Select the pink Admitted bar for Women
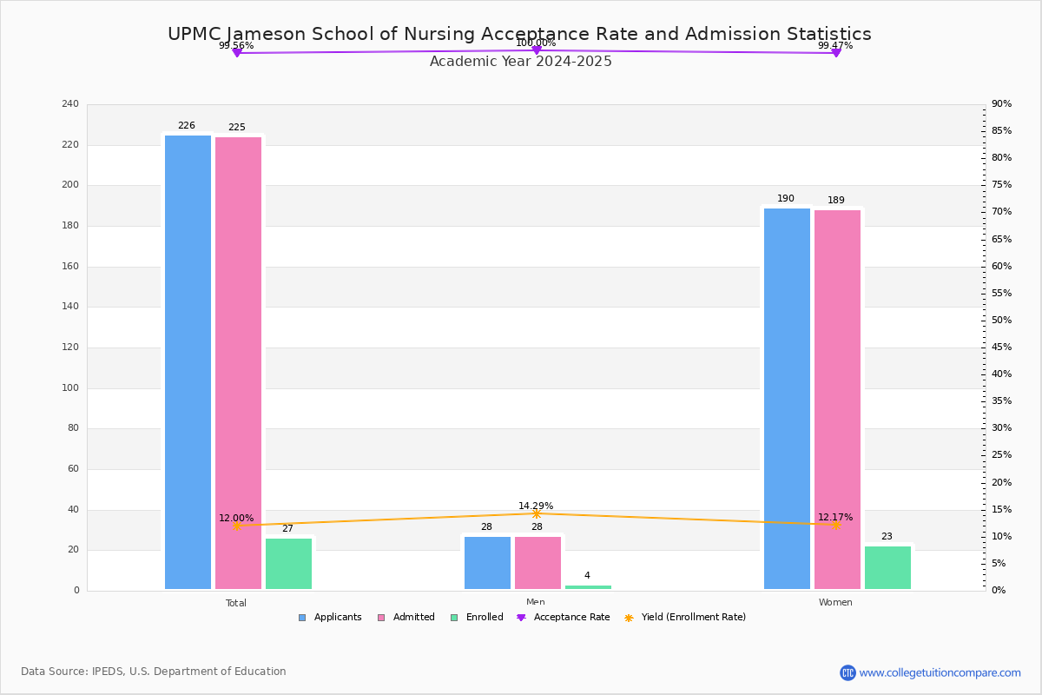(x=837, y=400)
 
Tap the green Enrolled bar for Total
(x=288, y=564)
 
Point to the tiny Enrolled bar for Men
(x=588, y=587)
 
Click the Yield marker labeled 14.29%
(x=536, y=513)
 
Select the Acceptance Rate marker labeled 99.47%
(x=836, y=53)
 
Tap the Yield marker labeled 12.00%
(x=236, y=526)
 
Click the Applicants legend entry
(x=330, y=618)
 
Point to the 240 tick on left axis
(x=70, y=104)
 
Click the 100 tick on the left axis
(x=70, y=388)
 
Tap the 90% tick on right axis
(x=1001, y=104)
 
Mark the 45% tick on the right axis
(x=1001, y=347)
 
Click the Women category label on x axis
(x=835, y=603)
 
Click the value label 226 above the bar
(x=187, y=126)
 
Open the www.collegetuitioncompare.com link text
(x=940, y=672)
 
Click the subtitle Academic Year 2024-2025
(x=521, y=62)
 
